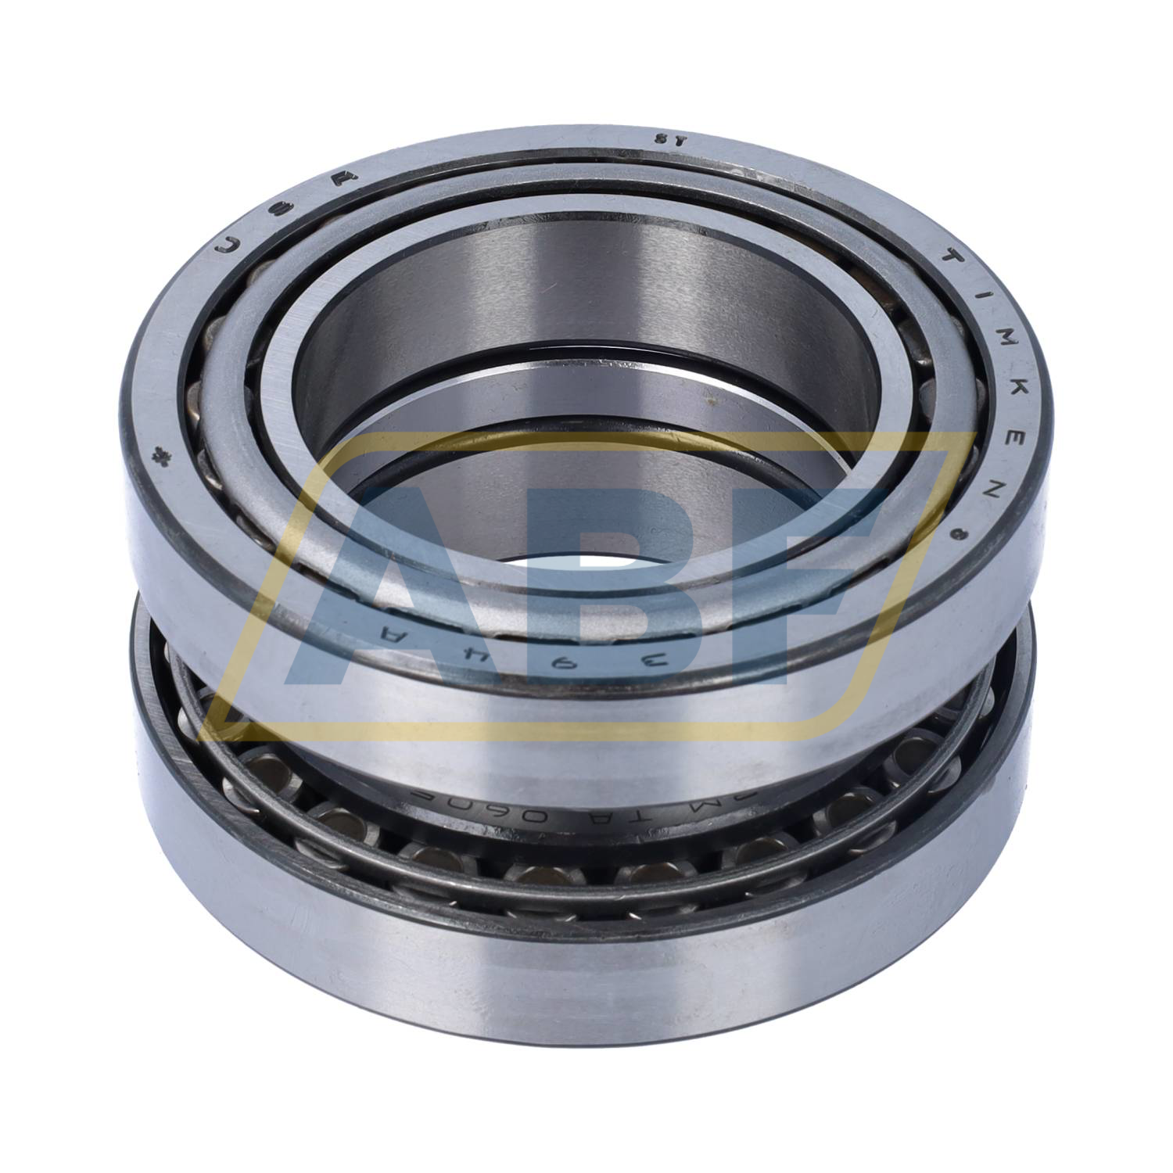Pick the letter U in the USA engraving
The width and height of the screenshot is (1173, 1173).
click(228, 246)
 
